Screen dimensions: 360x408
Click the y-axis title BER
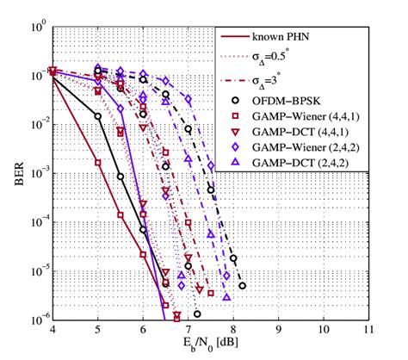[x=15, y=173]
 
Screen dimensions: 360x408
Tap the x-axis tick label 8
[x=232, y=331]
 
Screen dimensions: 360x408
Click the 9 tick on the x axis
[x=278, y=331]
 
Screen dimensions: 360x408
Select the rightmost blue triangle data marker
[x=226, y=296]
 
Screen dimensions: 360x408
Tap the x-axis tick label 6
[x=143, y=331]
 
